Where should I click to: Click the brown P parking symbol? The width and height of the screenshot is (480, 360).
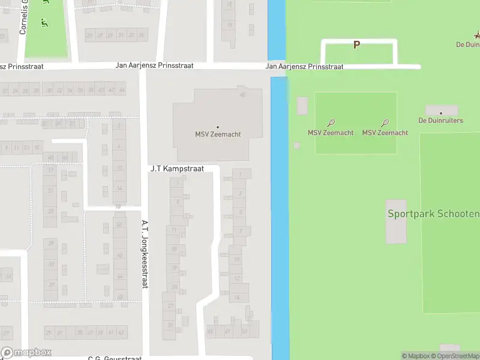click(x=356, y=45)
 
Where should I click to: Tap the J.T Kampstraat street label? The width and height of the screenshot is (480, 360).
click(x=177, y=169)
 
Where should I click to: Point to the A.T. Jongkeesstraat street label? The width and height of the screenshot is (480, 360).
click(x=145, y=254)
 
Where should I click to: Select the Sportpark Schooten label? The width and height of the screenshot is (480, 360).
click(x=433, y=214)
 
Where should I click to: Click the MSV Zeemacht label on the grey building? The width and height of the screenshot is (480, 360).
click(x=218, y=134)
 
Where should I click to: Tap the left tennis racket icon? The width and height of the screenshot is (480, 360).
click(x=331, y=123)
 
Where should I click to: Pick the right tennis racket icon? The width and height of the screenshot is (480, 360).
click(x=385, y=123)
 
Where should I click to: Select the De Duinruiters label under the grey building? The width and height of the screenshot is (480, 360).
click(x=441, y=121)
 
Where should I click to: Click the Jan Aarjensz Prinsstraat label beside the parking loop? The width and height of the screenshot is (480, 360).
click(x=304, y=67)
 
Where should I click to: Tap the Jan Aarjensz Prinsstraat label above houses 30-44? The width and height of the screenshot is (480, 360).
click(x=154, y=65)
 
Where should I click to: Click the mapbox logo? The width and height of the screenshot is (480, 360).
click(x=26, y=353)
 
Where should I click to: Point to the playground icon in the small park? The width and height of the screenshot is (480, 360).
click(x=44, y=23)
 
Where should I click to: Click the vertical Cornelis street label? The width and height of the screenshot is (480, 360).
click(x=23, y=17)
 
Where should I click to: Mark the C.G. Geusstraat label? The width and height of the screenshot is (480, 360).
click(x=115, y=358)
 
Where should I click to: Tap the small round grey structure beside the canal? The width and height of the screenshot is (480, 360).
click(x=296, y=145)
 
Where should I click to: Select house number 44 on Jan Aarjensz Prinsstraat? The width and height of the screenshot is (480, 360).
click(x=122, y=90)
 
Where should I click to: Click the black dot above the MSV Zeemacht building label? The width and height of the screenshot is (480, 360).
click(x=218, y=127)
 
